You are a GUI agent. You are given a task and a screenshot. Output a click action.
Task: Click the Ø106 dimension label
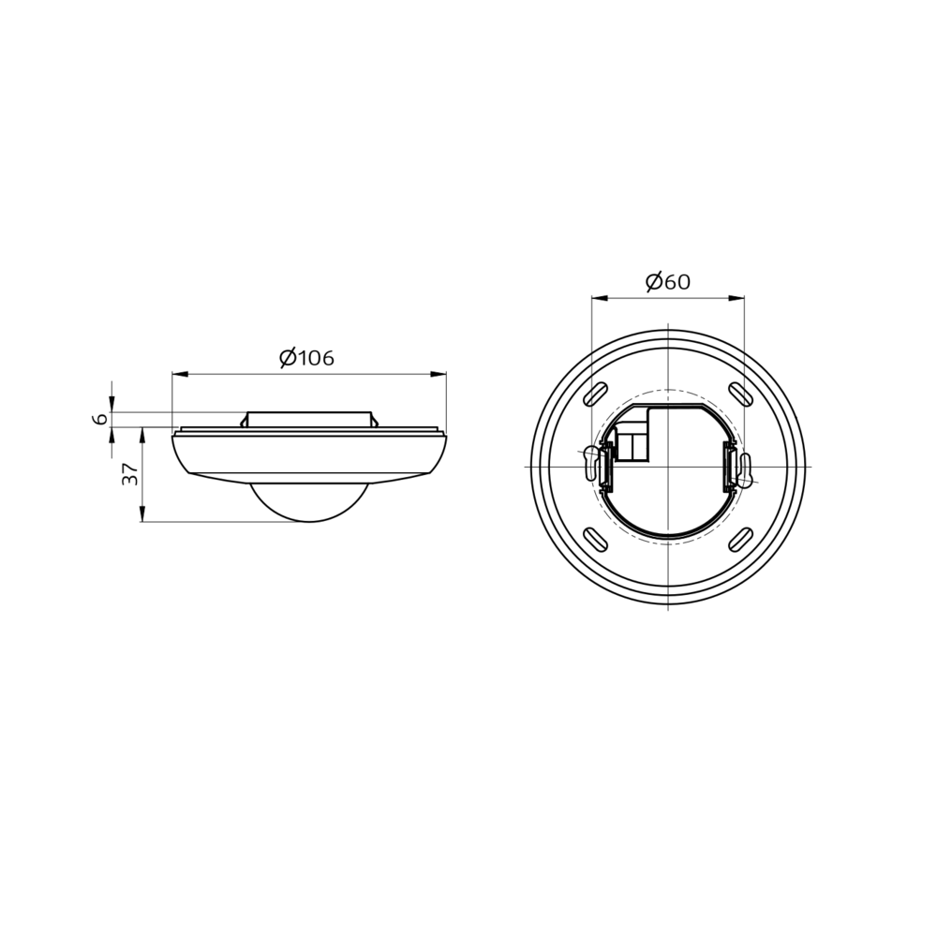point(306,358)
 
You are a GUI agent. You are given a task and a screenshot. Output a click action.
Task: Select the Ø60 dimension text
point(667,282)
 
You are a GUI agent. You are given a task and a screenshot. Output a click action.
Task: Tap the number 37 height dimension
point(131,474)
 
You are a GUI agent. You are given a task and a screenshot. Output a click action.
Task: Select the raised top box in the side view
point(308,419)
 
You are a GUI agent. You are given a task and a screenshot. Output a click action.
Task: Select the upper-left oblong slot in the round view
point(595,394)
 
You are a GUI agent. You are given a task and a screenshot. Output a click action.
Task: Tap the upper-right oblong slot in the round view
point(740,394)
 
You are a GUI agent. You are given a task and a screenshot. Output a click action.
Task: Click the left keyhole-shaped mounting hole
point(590,461)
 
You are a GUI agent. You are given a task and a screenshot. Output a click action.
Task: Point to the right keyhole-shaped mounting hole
point(745,469)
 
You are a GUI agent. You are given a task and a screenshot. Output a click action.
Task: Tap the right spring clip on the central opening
point(729,467)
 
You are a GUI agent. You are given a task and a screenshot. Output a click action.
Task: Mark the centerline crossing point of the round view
point(668,467)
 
